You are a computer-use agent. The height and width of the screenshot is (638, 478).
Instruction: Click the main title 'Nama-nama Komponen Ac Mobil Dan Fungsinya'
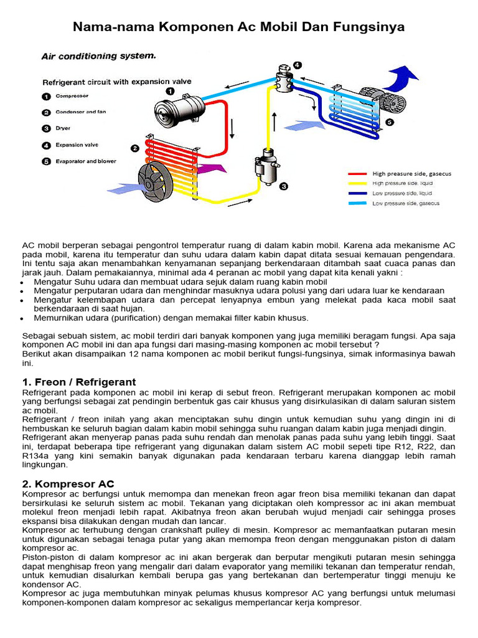pyautogui.click(x=239, y=27)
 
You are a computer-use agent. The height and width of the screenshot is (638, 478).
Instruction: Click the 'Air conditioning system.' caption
pyautogui.click(x=98, y=56)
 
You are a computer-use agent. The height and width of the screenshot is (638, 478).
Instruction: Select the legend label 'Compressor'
pyautogui.click(x=72, y=96)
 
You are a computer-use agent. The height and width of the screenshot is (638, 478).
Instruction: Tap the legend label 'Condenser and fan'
pyautogui.click(x=81, y=112)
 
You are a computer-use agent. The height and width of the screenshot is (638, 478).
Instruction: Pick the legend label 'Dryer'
pyautogui.click(x=63, y=128)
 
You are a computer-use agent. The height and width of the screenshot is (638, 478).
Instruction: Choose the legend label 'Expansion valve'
pyautogui.click(x=77, y=145)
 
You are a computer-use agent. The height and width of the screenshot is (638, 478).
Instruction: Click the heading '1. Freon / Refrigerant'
pyautogui.click(x=79, y=381)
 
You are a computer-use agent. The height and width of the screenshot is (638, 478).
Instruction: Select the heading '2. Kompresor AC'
pyautogui.click(x=68, y=483)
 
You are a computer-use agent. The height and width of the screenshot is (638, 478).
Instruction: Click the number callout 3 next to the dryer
pyautogui.click(x=284, y=186)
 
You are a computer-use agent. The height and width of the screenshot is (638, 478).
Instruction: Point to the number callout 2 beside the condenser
pyautogui.click(x=134, y=148)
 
